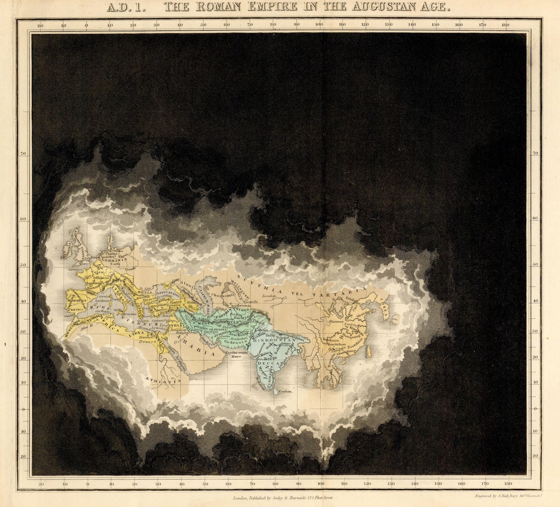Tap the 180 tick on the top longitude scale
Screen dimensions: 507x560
click(x=505, y=25)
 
